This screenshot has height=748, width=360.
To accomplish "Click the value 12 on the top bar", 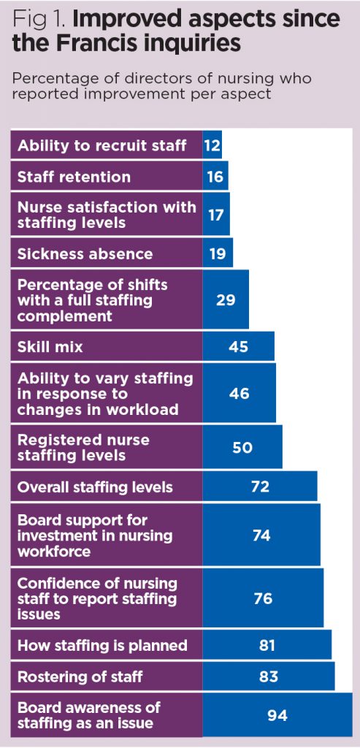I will point(212,145).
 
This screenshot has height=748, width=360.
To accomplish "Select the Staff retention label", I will point(74,177).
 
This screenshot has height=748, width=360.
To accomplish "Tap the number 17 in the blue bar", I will point(215,215).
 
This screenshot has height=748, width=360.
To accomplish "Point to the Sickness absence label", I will point(85,254).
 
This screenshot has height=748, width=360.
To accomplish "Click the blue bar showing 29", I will point(226,299).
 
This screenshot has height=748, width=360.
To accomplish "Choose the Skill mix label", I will point(50,347).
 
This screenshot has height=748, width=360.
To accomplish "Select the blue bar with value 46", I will point(239,393).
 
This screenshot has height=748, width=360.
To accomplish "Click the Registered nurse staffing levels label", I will point(83,447).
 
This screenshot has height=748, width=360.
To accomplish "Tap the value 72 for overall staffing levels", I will point(259,486).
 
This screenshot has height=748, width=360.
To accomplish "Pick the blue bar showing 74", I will point(261,535).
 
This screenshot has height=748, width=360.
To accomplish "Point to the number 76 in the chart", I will point(263,599).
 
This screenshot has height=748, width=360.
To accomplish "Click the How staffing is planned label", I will point(102,645).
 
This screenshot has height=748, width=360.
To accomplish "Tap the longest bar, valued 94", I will point(277,715).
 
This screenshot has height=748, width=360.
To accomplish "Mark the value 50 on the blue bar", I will point(242,447).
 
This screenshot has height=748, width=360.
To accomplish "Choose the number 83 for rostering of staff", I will point(268,676).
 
